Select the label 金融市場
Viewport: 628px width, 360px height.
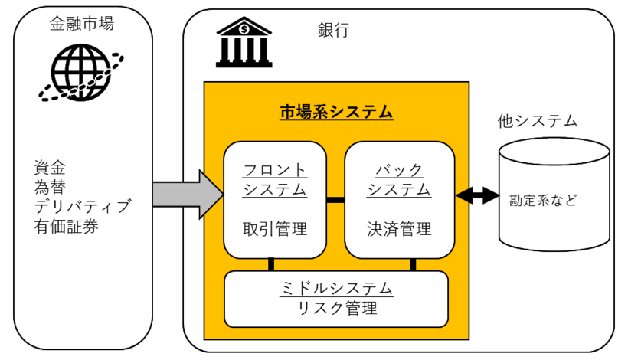pyautogui.click(x=81, y=24)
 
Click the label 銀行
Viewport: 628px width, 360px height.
pyautogui.click(x=334, y=31)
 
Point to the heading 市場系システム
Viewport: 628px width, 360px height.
pyautogui.click(x=336, y=112)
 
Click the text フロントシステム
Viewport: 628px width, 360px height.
pyautogui.click(x=275, y=179)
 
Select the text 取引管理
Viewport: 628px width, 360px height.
pyautogui.click(x=275, y=228)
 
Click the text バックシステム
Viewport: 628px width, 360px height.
pyautogui.click(x=399, y=179)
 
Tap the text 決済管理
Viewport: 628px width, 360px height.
pyautogui.click(x=399, y=228)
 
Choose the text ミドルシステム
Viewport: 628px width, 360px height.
pyautogui.click(x=337, y=289)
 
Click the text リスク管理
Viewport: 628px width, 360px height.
pyautogui.click(x=337, y=309)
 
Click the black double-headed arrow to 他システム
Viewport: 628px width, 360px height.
pyautogui.click(x=476, y=196)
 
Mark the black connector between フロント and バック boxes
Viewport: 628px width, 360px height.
pyautogui.click(x=335, y=201)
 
